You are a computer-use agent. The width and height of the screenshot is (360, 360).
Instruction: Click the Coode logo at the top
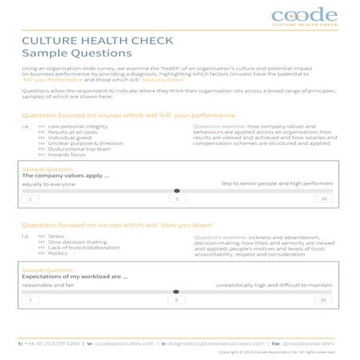click(304, 16)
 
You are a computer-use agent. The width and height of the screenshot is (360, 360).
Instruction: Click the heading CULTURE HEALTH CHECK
click(86, 40)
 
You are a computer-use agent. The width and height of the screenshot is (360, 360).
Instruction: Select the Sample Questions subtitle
click(76, 53)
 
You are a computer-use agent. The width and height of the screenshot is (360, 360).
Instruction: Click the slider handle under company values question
click(177, 191)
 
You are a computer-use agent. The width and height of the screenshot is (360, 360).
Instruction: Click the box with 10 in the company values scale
click(322, 198)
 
